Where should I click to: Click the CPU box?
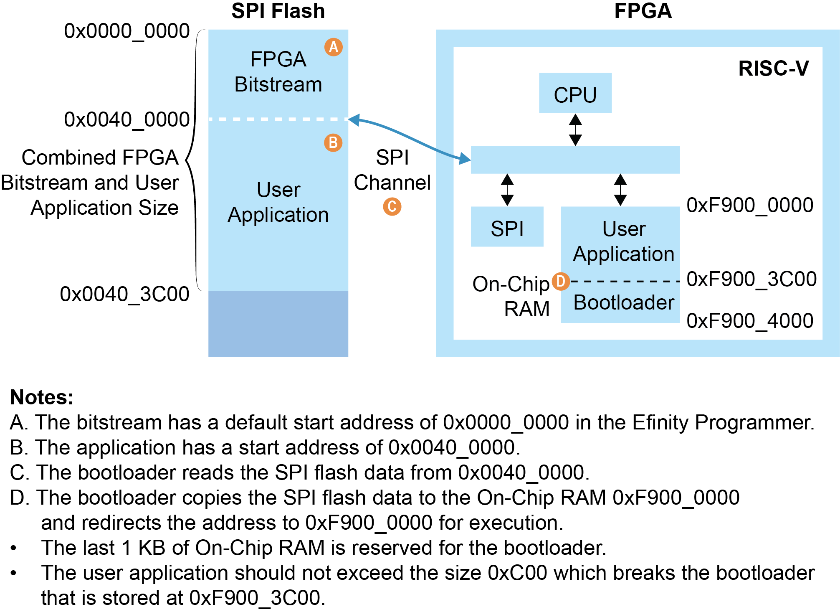point(575,93)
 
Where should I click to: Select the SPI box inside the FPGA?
point(507,227)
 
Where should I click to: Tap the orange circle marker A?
point(333,47)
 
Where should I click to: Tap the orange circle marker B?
point(333,143)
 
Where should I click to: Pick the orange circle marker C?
point(392,206)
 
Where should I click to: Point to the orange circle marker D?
point(561,282)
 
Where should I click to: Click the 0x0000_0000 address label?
point(127,31)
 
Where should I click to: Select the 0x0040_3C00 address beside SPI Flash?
point(124,294)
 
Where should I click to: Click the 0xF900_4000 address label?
point(750,321)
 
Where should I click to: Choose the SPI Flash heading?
point(278,11)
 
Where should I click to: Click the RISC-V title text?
point(773,69)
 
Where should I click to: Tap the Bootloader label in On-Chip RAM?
point(624,302)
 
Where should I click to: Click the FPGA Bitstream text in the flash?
point(278,72)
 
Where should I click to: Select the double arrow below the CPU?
point(575,130)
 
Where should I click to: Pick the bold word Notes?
point(42,397)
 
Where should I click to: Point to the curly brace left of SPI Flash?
point(193,160)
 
